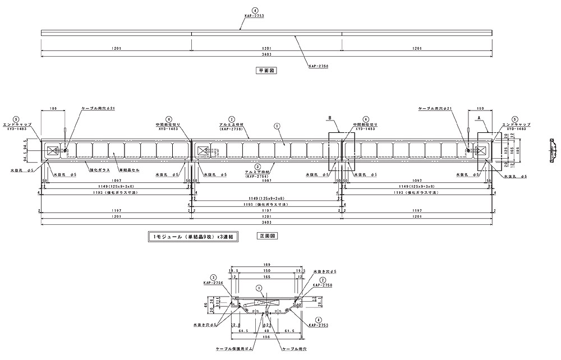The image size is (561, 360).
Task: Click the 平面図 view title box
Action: (263, 71)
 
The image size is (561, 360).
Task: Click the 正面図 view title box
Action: (266, 237)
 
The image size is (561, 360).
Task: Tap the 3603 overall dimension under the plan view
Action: (266, 55)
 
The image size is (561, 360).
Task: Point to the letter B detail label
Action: (331, 119)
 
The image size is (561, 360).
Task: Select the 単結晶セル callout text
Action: (128, 168)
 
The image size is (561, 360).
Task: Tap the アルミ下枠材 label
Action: (258, 172)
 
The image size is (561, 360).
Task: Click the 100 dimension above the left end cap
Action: (53, 107)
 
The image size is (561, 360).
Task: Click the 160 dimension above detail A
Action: (480, 107)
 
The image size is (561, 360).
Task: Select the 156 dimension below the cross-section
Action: (267, 337)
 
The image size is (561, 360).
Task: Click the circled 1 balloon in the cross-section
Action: (259, 288)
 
